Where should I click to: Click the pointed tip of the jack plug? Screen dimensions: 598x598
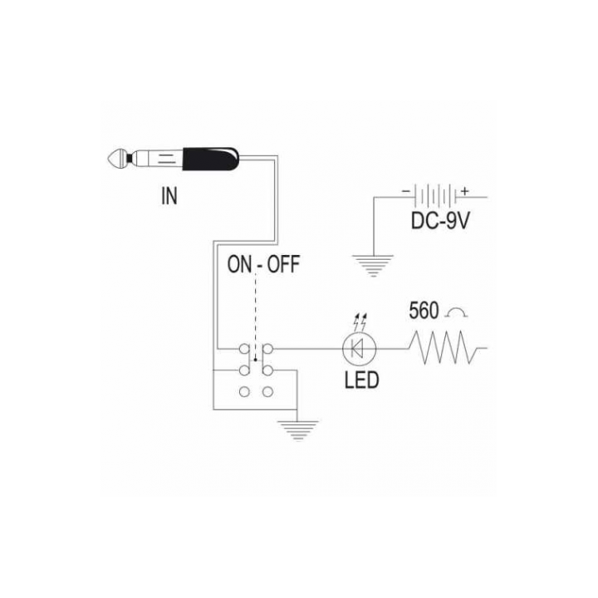pyautogui.click(x=109, y=159)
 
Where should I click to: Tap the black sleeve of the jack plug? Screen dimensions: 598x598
pyautogui.click(x=211, y=159)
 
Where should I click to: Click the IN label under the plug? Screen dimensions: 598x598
pyautogui.click(x=169, y=196)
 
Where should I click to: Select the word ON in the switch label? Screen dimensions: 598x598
pyautogui.click(x=240, y=264)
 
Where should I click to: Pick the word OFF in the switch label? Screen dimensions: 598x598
pyautogui.click(x=283, y=264)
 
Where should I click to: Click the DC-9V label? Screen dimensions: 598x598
pyautogui.click(x=440, y=220)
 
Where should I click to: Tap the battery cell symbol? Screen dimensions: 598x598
pyautogui.click(x=435, y=197)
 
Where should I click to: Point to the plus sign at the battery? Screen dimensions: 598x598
pyautogui.click(x=464, y=192)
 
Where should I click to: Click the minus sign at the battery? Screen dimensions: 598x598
pyautogui.click(x=406, y=191)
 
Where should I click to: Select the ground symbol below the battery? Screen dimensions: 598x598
pyautogui.click(x=374, y=266)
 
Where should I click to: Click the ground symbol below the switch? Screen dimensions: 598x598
pyautogui.click(x=298, y=430)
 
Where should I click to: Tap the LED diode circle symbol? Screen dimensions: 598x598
pyautogui.click(x=360, y=349)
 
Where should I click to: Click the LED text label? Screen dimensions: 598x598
pyautogui.click(x=361, y=380)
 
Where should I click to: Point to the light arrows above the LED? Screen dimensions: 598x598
pyautogui.click(x=360, y=321)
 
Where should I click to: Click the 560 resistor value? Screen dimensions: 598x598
pyautogui.click(x=424, y=311)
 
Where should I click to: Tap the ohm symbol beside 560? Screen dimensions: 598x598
pyautogui.click(x=457, y=313)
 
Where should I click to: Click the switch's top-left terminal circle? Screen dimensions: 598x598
pyautogui.click(x=244, y=349)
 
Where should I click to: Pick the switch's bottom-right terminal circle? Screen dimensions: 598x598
pyautogui.click(x=268, y=392)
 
